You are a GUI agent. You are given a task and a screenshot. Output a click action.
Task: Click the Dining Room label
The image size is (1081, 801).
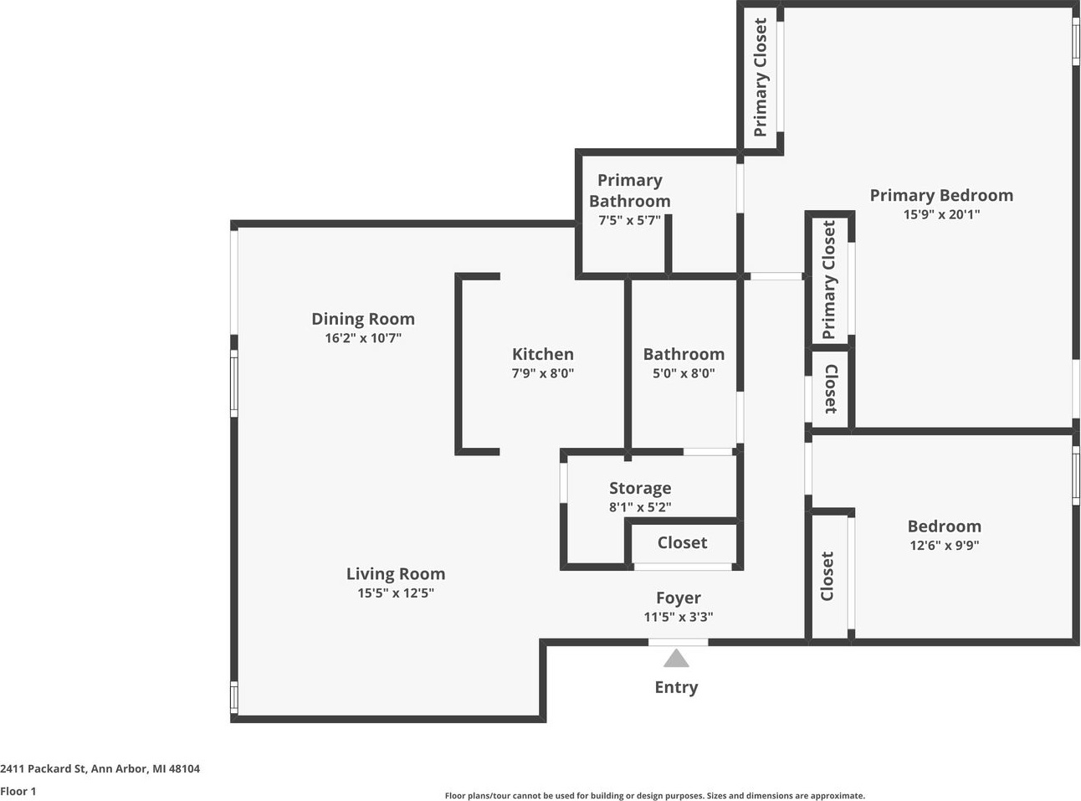363,319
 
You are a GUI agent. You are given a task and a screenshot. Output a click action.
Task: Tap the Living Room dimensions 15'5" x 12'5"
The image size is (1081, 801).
396,593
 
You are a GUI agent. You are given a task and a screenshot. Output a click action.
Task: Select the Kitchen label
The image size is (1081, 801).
543,354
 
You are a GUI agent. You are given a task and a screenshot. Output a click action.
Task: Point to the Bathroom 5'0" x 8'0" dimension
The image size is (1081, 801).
684,373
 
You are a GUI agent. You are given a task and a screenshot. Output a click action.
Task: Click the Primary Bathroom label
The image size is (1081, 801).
630,190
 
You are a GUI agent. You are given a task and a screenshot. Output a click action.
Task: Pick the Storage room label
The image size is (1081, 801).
640,488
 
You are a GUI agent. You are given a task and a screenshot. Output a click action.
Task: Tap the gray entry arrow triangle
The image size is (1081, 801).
676,659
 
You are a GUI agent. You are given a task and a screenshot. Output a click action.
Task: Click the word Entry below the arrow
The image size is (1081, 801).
676,687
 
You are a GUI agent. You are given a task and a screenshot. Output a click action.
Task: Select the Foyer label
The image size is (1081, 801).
679,598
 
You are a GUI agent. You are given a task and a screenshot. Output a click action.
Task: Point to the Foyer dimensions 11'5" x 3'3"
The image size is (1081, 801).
679,617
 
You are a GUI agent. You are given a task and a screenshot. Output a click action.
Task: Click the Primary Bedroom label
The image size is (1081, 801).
941,195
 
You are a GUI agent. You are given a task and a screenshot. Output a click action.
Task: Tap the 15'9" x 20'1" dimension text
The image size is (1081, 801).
941,214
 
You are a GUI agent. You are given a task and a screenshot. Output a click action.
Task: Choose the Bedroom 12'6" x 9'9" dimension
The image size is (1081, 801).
944,545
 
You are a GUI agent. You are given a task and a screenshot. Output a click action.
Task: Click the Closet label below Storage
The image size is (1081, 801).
682,542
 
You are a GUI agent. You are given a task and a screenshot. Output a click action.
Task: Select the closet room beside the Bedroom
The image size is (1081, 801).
827,576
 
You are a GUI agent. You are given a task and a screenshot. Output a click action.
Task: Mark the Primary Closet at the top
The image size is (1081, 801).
760,78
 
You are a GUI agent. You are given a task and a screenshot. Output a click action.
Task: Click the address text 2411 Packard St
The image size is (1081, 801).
100,768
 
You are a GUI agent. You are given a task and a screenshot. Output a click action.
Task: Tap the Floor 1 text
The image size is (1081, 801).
18,791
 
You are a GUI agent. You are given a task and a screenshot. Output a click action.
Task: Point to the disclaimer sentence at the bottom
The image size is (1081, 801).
654,796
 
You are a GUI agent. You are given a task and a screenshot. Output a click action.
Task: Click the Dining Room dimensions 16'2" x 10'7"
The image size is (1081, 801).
363,338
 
